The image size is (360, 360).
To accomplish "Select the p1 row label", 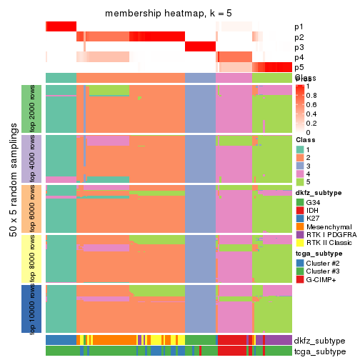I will pyautogui.click(x=299, y=27).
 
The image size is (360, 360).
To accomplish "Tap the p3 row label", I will pyautogui.click(x=299, y=47).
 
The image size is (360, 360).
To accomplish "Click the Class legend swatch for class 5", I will pyautogui.click(x=301, y=184).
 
